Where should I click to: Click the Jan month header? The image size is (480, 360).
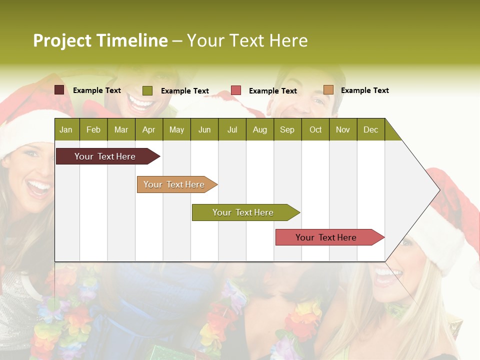66,129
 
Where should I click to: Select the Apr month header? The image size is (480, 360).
148,129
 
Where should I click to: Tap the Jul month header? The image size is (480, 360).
232,129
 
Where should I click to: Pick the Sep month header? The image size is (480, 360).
287,129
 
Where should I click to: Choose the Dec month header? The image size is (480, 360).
370,129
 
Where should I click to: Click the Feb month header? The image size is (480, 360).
93,129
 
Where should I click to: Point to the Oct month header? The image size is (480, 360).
315,129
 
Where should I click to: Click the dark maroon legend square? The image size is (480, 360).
59,90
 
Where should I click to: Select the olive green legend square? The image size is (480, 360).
147,90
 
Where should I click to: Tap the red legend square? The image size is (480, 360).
236,90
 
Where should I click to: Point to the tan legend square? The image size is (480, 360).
328,90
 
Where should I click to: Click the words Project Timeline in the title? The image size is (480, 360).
100,40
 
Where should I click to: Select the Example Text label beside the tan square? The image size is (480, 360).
364,90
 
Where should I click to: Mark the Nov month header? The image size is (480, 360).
343,129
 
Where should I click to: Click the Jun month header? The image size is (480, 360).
204,129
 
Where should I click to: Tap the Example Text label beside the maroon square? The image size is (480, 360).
97,90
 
